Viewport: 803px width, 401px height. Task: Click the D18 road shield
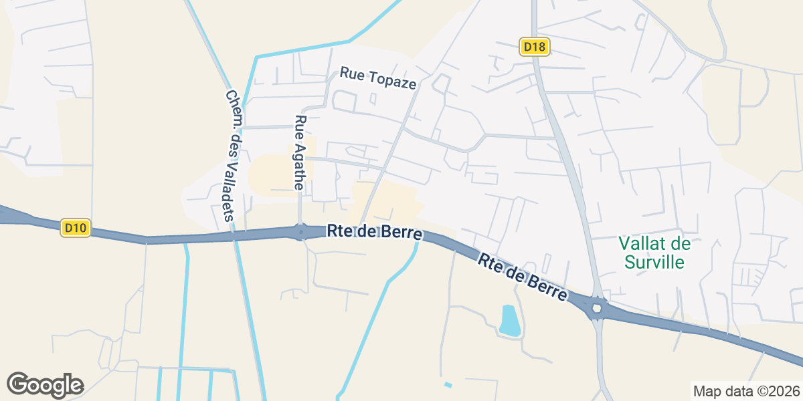(535, 47)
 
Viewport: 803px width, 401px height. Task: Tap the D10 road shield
(76, 228)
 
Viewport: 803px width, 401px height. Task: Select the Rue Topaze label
(378, 78)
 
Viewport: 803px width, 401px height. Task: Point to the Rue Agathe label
(300, 153)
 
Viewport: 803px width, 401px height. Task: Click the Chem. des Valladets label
(230, 156)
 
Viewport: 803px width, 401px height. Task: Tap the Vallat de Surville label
(654, 252)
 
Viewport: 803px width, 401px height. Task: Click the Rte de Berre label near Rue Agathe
(375, 232)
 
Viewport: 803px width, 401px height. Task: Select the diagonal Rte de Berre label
(523, 276)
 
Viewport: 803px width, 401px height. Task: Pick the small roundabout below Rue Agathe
(300, 233)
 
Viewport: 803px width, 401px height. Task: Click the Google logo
(45, 385)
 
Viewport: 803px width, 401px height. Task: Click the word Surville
(654, 261)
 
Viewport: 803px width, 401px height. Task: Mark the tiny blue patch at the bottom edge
(448, 385)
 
